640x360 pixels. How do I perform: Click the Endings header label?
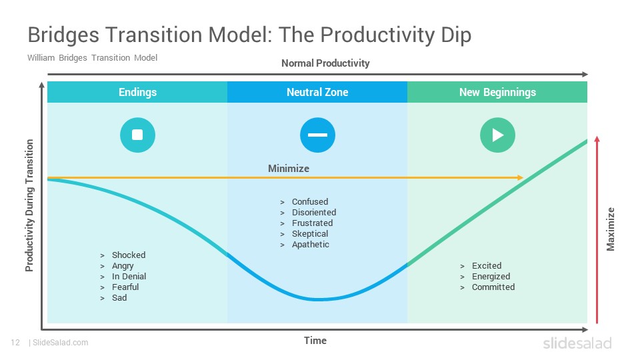pos(137,92)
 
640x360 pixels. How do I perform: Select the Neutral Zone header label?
pos(317,92)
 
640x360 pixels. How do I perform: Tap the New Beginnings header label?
pos(497,92)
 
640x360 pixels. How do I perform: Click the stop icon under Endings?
pos(137,135)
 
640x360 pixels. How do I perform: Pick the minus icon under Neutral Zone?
pos(317,135)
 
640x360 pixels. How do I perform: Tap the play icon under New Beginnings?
pos(497,135)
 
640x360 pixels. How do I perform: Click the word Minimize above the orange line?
pos(289,169)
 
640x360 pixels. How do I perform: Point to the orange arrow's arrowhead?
pos(521,177)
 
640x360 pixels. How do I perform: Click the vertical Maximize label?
pos(611,229)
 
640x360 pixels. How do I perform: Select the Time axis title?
pos(315,341)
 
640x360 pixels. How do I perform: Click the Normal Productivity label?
pos(325,63)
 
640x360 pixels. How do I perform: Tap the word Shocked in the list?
pos(129,255)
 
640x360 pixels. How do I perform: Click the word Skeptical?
pos(310,234)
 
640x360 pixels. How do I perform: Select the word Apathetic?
pos(310,245)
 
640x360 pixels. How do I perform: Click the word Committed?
pos(493,287)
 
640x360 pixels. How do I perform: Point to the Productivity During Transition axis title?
pos(29,205)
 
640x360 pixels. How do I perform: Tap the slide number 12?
pos(15,343)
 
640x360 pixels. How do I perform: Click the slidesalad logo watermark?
pos(577,343)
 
